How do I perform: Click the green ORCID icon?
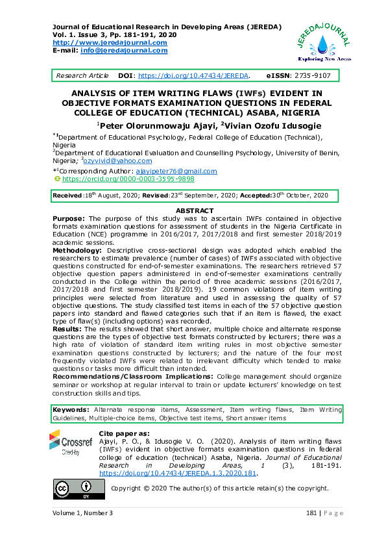click(x=56, y=178)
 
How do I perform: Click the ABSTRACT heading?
click(x=195, y=211)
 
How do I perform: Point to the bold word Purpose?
click(x=68, y=218)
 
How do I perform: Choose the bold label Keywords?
click(x=71, y=411)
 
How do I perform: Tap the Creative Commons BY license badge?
click(x=73, y=488)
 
